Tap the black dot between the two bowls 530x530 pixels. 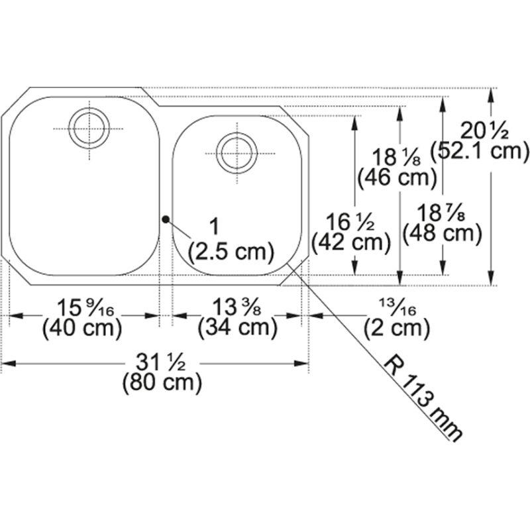pos(165,219)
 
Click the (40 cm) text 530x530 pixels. pos(82,327)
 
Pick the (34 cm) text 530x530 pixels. pos(238,327)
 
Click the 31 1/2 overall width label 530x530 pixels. pos(161,363)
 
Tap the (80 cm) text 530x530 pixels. pos(162,383)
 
